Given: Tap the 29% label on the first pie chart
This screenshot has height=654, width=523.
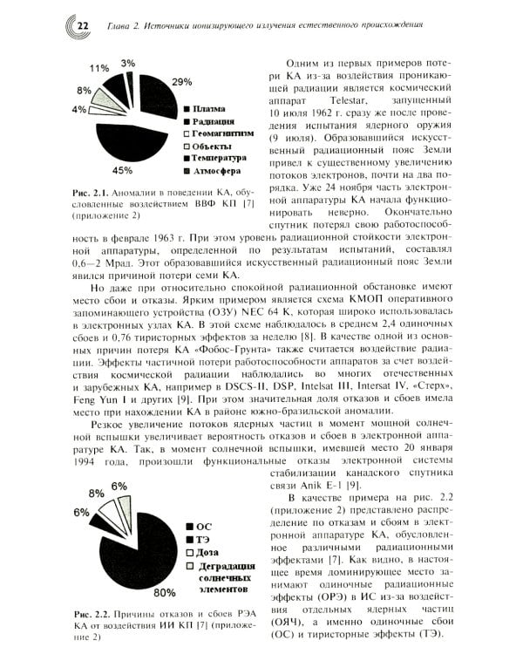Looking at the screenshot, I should pos(181,82).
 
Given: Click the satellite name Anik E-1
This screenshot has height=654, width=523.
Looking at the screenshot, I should pos(321,483).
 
